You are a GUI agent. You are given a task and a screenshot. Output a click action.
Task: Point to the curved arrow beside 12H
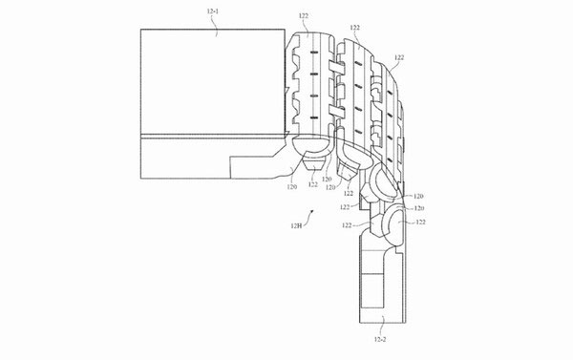(x=309, y=213)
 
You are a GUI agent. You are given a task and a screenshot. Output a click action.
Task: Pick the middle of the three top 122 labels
(x=355, y=30)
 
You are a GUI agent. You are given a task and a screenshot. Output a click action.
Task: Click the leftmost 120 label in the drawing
(x=292, y=187)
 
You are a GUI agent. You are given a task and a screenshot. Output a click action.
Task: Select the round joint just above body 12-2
(x=393, y=225)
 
